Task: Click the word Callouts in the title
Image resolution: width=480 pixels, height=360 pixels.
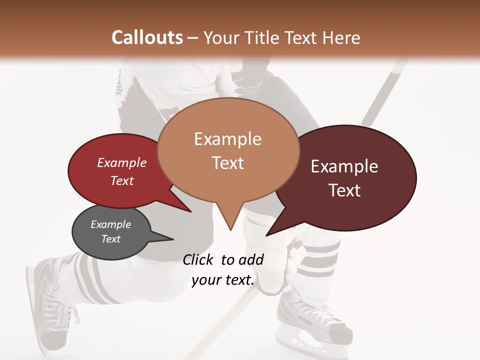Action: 147,37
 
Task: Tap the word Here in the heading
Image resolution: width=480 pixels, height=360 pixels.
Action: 341,37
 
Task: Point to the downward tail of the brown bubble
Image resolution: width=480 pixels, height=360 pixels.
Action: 230,217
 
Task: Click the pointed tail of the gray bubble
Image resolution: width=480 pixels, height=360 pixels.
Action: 162,237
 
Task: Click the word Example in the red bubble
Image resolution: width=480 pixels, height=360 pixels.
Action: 122,162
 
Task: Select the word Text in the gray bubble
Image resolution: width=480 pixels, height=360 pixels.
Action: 111,239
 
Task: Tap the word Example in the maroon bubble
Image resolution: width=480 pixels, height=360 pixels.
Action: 344,166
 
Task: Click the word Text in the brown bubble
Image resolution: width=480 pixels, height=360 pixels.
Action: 228,163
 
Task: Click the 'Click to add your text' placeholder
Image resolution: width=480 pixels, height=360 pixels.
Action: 223,270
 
